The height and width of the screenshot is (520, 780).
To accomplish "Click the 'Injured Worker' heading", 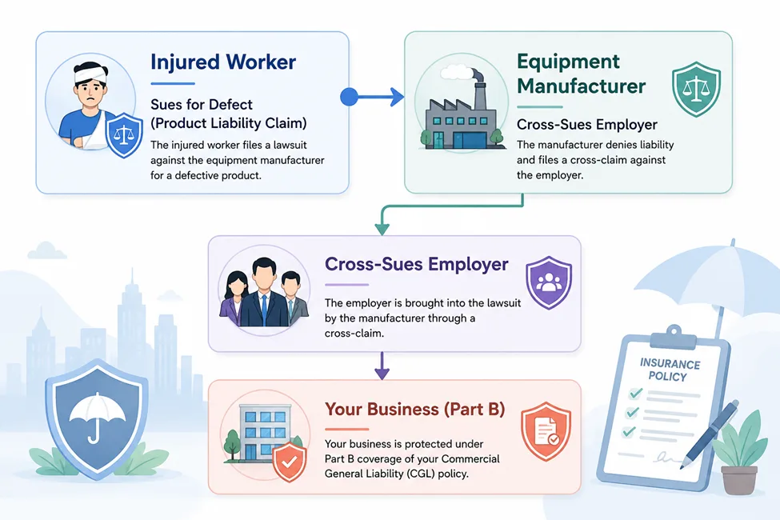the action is (223, 62).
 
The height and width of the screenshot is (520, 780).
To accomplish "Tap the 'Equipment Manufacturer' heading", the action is (581, 74).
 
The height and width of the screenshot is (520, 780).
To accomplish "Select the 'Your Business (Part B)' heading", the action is (415, 409).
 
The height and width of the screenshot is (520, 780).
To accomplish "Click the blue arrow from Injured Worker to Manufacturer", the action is (371, 97).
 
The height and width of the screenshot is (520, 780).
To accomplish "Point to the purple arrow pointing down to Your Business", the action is (382, 366).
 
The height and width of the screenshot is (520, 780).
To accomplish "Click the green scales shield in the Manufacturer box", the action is (696, 89).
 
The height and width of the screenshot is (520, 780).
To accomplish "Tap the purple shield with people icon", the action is (549, 282).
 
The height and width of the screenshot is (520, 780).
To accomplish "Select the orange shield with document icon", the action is (546, 431).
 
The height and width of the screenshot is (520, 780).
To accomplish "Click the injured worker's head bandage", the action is (91, 75).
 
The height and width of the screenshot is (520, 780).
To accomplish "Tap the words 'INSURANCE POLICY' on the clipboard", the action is (669, 370).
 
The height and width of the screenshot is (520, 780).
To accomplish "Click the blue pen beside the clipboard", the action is (709, 434).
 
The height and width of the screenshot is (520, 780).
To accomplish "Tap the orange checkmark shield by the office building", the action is (290, 462).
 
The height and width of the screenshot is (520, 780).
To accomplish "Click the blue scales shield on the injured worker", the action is (124, 135).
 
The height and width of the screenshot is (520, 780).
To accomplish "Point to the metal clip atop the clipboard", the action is (674, 337).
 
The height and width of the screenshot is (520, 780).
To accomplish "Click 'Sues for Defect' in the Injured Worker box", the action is (202, 105).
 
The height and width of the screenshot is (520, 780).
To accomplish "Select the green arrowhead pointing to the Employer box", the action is (382, 230).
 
